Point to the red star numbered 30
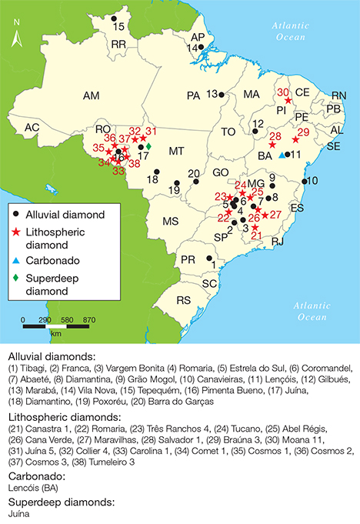288,100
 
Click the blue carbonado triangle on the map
282,152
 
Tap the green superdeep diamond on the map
148,146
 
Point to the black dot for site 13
221,95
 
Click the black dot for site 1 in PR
212,258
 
